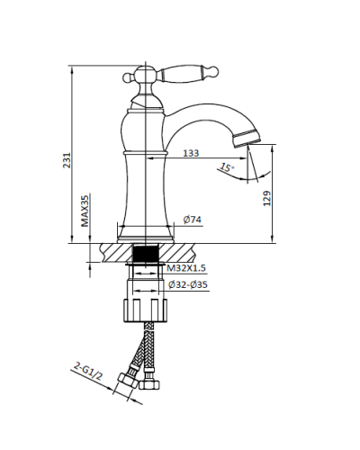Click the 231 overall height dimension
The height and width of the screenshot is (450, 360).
pyautogui.click(x=67, y=160)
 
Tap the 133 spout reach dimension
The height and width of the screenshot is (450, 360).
pyautogui.click(x=191, y=153)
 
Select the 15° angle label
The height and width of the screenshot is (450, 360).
pyautogui.click(x=227, y=167)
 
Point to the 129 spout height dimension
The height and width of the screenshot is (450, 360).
pyautogui.click(x=266, y=198)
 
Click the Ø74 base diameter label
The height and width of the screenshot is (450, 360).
pyautogui.click(x=193, y=220)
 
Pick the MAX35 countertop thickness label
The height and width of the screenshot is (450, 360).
pyautogui.click(x=85, y=211)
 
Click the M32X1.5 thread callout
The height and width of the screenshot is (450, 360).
pyautogui.click(x=186, y=268)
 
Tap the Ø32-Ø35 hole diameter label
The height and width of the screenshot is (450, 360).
pyautogui.click(x=188, y=284)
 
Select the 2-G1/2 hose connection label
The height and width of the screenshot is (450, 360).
pyautogui.click(x=88, y=372)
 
